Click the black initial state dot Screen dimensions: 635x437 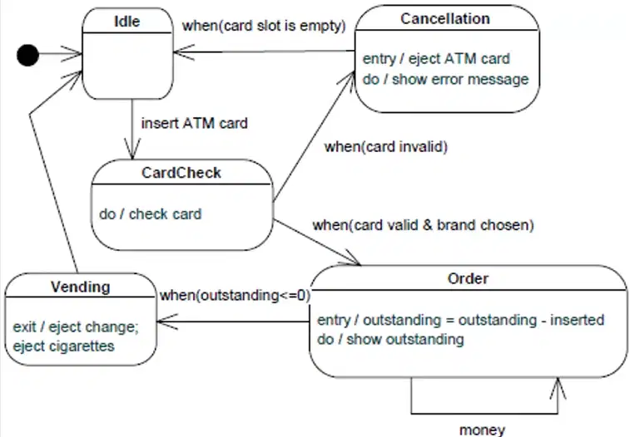coord(28,55)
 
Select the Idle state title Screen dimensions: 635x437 coord(127,22)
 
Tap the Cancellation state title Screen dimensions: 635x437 coord(445,18)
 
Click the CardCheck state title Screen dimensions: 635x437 coord(181,173)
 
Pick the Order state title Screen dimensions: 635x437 coord(468,278)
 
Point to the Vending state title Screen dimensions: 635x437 coord(80,287)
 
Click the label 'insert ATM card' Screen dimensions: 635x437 coord(195,123)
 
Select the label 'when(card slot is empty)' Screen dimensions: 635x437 coord(264,26)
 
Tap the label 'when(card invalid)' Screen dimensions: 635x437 coord(386,146)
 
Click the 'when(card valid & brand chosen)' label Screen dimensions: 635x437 coord(424,225)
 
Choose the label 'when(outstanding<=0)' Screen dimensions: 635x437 coord(235,295)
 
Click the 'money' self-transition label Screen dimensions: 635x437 coord(482,430)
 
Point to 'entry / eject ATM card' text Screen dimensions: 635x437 coord(436,59)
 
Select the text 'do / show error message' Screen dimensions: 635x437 coord(445,79)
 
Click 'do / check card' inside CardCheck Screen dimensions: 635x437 coord(151,214)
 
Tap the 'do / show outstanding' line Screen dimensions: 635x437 coord(390,339)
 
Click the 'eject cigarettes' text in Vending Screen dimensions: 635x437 coord(63,346)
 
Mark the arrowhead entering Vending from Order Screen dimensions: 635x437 coord(166,322)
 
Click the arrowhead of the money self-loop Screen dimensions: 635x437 coord(558,387)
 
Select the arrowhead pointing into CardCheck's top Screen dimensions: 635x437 coord(132,150)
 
